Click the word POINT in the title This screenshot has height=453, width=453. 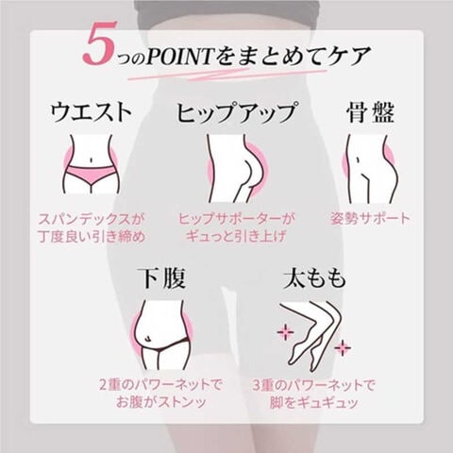click(181, 57)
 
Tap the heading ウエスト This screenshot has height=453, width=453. click(91, 112)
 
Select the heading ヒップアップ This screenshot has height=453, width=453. click(236, 112)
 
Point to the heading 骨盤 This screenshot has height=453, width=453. click(370, 112)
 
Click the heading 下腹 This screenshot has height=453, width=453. click(162, 278)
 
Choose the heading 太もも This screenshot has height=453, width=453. click(314, 278)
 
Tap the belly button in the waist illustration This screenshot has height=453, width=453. click(91, 160)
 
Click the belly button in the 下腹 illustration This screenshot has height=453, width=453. click(147, 339)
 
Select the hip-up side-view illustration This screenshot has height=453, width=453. click(236, 168)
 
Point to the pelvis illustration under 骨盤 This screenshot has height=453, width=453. click(370, 169)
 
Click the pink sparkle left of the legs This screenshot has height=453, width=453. click(285, 332)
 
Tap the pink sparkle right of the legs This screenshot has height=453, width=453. click(343, 347)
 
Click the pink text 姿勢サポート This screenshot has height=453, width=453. click(370, 219)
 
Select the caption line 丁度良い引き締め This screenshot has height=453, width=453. click(92, 236)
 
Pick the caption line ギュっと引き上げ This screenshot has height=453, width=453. click(236, 236)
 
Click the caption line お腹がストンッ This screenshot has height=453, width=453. click(161, 403)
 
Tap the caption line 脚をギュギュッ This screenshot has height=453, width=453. click(314, 403)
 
